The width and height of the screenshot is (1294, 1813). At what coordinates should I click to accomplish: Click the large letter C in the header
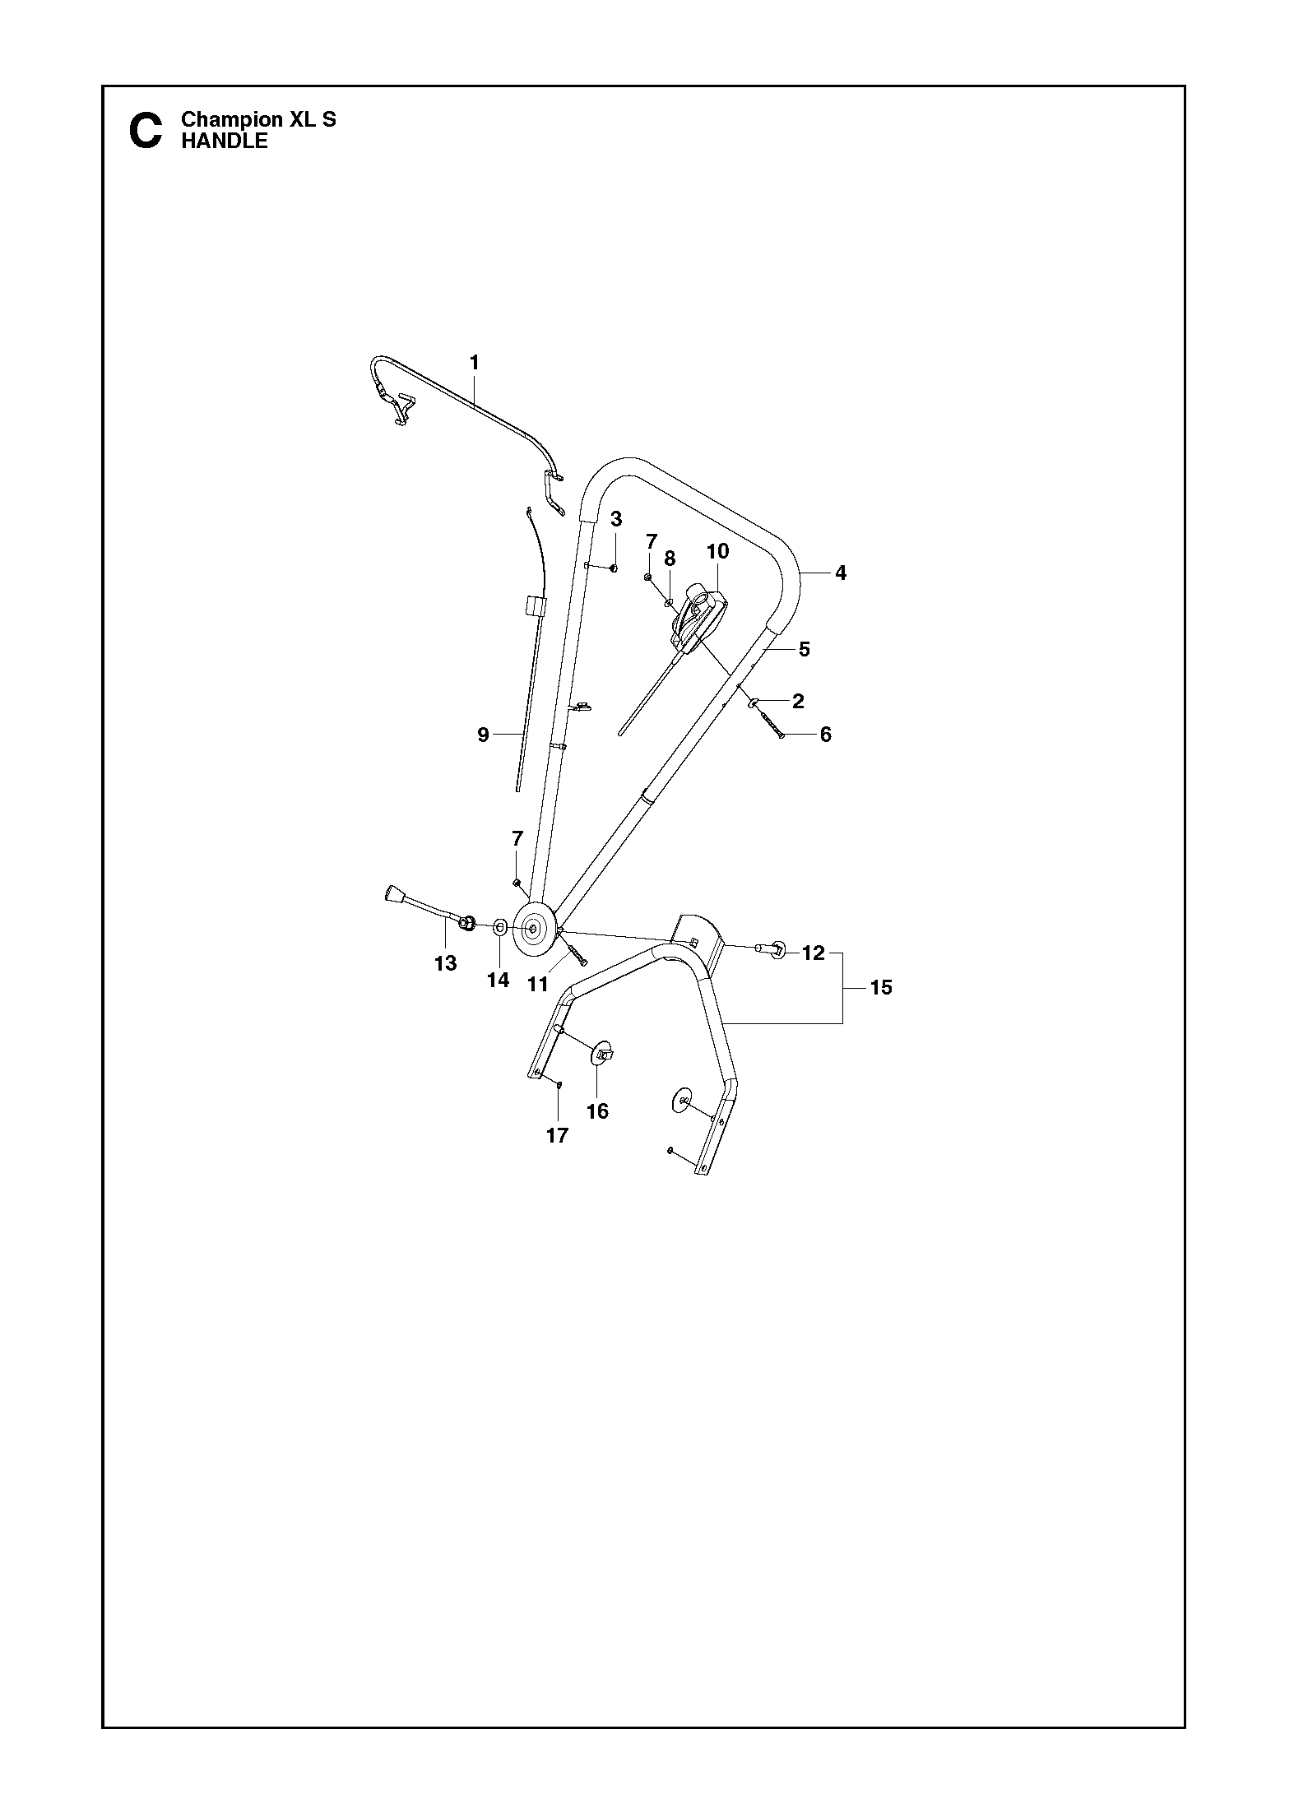pyautogui.click(x=146, y=131)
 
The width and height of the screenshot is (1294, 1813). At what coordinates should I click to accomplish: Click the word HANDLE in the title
pyautogui.click(x=225, y=141)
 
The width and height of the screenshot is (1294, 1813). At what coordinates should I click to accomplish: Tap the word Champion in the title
pyautogui.click(x=231, y=119)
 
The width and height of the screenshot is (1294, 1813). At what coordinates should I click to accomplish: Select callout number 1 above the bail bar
pyautogui.click(x=475, y=362)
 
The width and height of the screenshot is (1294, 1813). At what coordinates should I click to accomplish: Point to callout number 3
pyautogui.click(x=616, y=519)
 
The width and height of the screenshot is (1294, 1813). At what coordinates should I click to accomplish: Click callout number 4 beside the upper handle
pyautogui.click(x=840, y=573)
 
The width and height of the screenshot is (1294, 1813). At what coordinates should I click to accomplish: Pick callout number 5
pyautogui.click(x=805, y=649)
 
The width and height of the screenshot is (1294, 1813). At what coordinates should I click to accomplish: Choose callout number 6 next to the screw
pyautogui.click(x=826, y=735)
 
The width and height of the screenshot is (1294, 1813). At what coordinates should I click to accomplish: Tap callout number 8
pyautogui.click(x=670, y=559)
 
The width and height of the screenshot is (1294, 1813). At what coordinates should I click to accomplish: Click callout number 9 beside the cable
pyautogui.click(x=483, y=735)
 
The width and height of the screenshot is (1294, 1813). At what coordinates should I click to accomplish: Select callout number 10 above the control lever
pyautogui.click(x=718, y=551)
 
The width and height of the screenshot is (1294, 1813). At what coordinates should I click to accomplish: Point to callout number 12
pyautogui.click(x=813, y=953)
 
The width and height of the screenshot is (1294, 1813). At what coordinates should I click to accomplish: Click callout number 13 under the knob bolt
pyautogui.click(x=445, y=963)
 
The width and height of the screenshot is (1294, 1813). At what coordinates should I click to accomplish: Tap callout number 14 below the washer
pyautogui.click(x=499, y=980)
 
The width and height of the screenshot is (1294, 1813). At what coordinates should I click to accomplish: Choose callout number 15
pyautogui.click(x=881, y=987)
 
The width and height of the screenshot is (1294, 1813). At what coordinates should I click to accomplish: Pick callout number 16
pyautogui.click(x=597, y=1111)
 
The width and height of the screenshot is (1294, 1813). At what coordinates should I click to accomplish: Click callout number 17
pyautogui.click(x=557, y=1136)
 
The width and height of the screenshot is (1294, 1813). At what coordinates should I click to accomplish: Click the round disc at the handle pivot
pyautogui.click(x=533, y=929)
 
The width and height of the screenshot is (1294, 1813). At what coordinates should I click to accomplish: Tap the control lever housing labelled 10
pyautogui.click(x=700, y=618)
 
